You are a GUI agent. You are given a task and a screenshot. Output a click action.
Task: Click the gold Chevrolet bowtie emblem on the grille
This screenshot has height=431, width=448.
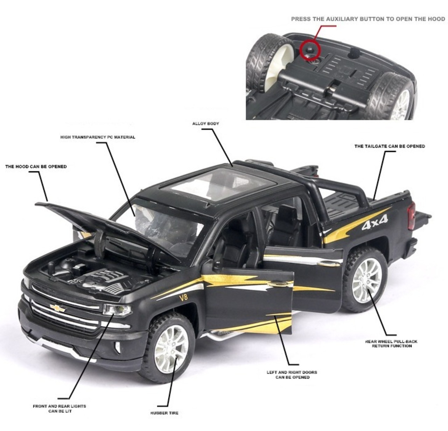click(x=58, y=308)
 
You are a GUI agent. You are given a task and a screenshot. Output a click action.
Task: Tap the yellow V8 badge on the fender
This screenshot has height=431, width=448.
click(x=183, y=298)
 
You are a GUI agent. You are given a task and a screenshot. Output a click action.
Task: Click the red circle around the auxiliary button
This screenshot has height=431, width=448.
click(x=310, y=50)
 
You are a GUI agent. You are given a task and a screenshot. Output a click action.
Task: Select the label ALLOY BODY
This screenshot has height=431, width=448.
click(x=206, y=123)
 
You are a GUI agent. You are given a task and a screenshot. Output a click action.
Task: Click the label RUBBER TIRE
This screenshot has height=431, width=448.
click(x=164, y=413)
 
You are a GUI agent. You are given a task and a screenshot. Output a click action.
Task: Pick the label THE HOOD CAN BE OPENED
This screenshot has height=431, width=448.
click(x=36, y=167)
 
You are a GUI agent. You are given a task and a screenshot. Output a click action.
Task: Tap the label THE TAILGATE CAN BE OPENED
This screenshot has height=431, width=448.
click(x=390, y=146)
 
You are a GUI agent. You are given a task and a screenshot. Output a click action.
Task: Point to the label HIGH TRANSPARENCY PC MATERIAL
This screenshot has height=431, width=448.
click(x=98, y=137)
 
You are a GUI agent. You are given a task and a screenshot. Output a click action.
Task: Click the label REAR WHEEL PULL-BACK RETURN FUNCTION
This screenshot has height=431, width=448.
click(x=391, y=344)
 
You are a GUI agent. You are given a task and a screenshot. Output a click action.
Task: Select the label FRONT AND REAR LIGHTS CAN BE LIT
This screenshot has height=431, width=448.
click(x=59, y=408)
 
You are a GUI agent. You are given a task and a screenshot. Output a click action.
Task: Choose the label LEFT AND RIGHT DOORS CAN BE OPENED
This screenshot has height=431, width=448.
click(x=292, y=375)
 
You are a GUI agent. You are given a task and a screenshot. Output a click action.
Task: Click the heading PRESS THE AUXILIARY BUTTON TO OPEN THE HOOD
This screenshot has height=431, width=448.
click(x=368, y=19)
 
